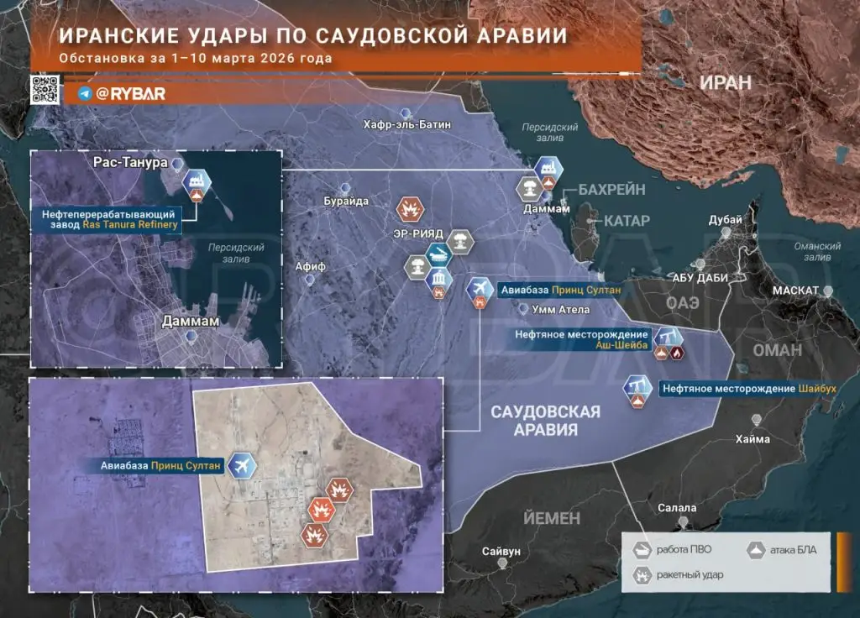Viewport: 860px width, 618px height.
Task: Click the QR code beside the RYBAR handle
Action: click(x=44, y=89)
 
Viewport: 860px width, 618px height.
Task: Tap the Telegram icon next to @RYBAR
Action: click(x=85, y=94)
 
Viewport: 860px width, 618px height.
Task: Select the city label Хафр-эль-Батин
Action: click(x=407, y=125)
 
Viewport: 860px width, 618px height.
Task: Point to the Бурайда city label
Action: click(x=346, y=202)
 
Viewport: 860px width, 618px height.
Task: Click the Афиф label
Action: click(x=310, y=266)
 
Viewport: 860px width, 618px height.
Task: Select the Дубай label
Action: click(x=725, y=220)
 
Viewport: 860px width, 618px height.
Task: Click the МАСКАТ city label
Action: click(x=796, y=291)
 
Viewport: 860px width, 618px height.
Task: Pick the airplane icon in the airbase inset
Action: click(x=242, y=464)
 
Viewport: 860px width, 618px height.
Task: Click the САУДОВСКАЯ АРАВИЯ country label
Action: click(x=546, y=420)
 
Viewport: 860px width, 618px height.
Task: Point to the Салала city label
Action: click(x=677, y=508)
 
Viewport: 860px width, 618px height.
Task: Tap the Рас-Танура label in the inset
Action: click(x=130, y=161)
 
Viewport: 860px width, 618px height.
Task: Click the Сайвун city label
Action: click(x=501, y=552)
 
